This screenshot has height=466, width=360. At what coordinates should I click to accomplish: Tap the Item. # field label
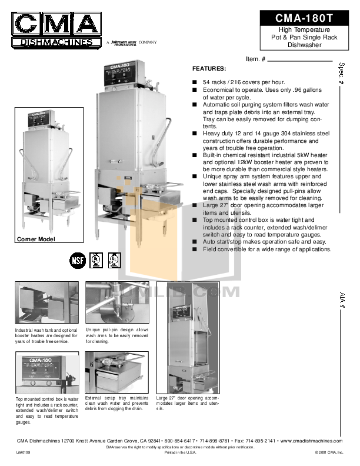256,59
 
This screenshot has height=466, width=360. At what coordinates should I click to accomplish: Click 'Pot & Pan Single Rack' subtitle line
304,36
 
